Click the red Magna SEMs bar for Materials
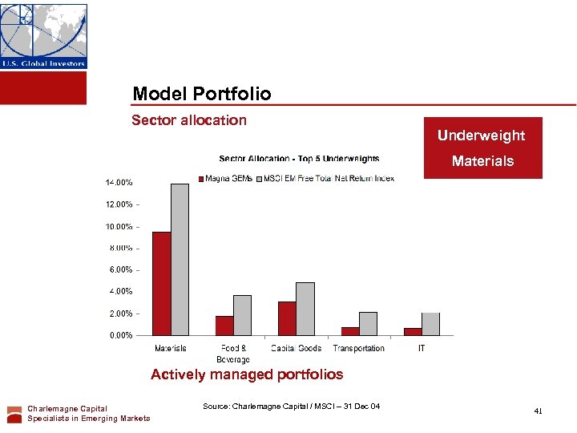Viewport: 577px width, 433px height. tap(162, 283)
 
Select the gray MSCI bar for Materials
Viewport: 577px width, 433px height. tap(180, 259)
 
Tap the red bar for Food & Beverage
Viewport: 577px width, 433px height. tap(224, 326)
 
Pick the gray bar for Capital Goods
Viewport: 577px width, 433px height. tap(305, 309)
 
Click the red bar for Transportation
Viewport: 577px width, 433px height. tap(350, 331)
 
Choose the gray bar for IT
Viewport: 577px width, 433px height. tap(430, 324)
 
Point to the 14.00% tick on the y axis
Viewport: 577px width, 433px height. tap(119, 183)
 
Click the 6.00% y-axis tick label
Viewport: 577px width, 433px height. tap(121, 270)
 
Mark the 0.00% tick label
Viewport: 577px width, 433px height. tap(121, 335)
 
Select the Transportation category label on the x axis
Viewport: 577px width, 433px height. tap(358, 348)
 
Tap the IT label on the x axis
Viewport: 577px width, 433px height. tap(422, 348)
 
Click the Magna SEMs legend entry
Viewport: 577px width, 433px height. tap(226, 178)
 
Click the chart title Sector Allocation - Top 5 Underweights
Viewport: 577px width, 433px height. tap(299, 159)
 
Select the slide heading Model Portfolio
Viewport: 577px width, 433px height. tap(202, 94)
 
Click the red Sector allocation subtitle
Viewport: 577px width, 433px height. tap(189, 120)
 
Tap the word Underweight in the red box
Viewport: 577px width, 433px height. tap(481, 136)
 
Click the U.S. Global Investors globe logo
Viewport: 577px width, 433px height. tap(43, 36)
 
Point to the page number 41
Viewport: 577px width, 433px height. tap(538, 411)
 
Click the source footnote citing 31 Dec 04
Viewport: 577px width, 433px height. tap(291, 407)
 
